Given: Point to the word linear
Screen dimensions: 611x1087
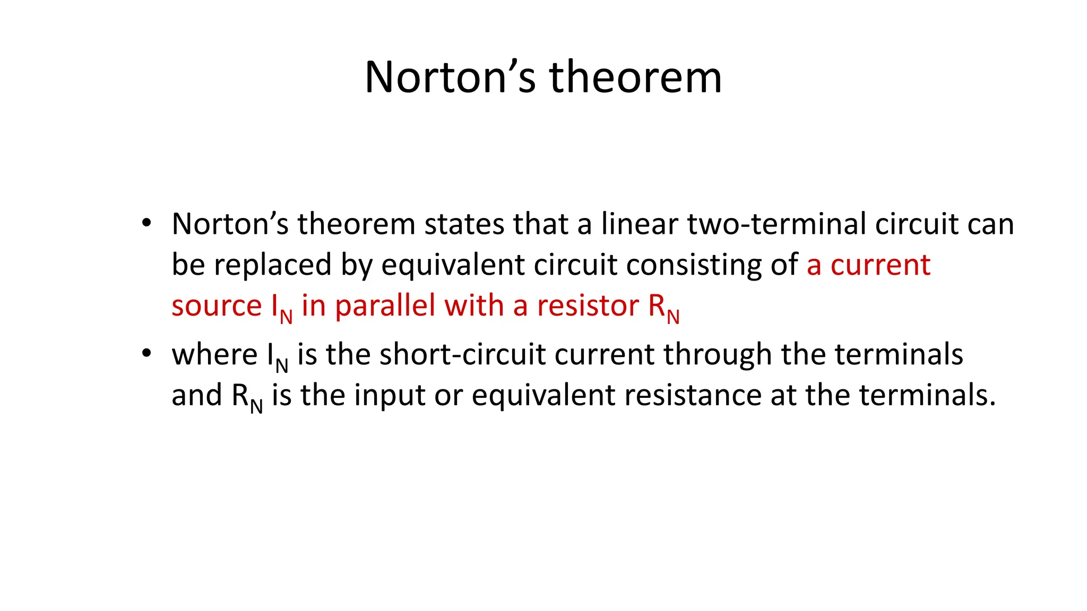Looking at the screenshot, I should point(639,224).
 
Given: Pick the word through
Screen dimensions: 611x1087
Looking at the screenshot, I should point(718,354).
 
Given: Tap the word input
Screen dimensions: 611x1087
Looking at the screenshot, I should point(389,396).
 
